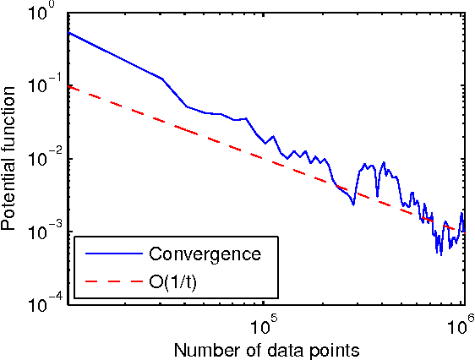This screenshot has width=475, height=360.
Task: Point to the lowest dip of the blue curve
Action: pyautogui.click(x=440, y=254)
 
